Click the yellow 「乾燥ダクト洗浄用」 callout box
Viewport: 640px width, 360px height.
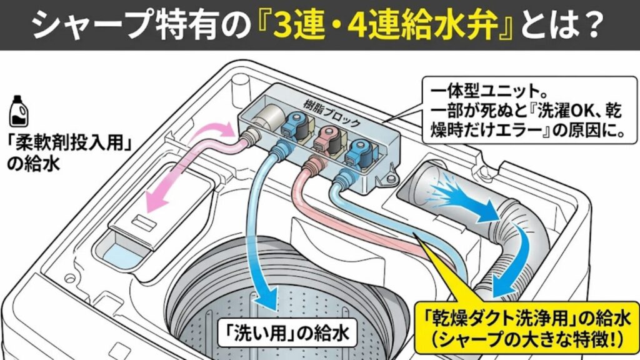pos(526,326)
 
